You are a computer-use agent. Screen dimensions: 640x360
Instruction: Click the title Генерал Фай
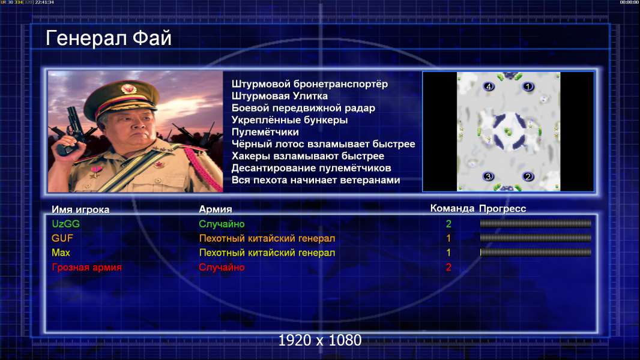pos(108,38)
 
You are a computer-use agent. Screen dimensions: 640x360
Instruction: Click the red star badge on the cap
pos(128,88)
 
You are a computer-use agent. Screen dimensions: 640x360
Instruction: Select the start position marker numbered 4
pos(489,86)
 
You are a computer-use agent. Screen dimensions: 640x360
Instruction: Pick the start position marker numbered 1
pos(528,86)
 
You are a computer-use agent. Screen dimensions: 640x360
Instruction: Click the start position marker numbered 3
pos(488,176)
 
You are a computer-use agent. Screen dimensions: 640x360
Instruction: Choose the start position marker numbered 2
pos(528,176)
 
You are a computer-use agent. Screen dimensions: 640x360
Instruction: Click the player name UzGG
pos(65,224)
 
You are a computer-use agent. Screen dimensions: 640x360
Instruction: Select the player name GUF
pos(62,238)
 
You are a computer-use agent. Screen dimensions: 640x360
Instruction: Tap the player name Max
pos(61,253)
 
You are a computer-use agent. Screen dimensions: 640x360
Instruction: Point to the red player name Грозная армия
pos(86,268)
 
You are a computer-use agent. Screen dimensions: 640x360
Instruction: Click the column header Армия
pos(215,209)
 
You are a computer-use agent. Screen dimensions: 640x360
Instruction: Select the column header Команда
pos(452,208)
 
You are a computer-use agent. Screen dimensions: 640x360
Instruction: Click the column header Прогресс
pos(503,209)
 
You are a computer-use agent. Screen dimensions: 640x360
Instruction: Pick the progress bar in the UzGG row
pos(536,223)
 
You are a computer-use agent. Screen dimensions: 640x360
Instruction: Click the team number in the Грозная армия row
pos(448,268)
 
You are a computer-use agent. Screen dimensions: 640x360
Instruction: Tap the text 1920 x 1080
pos(320,340)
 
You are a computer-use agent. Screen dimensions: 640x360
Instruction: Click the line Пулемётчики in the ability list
pos(265,132)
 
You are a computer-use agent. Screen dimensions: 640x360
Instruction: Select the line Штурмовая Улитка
pos(280,96)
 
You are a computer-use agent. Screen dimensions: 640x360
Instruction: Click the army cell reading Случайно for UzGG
pos(222,224)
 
